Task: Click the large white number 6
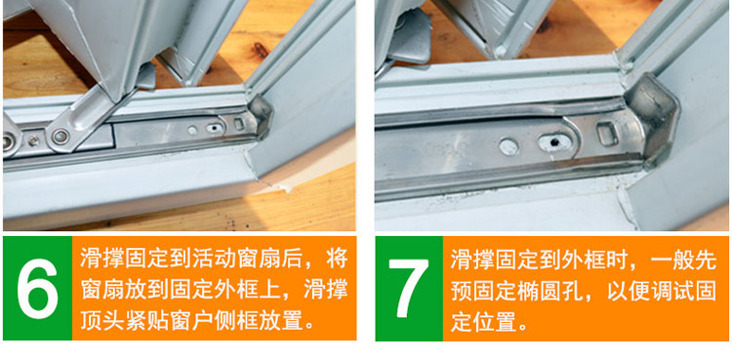click(37, 288)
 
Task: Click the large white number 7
click(409, 288)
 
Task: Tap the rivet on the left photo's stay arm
click(61, 137)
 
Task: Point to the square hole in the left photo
click(238, 124)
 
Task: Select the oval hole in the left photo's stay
click(214, 128)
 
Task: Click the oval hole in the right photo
click(555, 141)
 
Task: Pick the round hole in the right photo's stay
click(508, 146)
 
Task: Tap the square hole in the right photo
click(608, 134)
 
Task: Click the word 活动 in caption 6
click(215, 259)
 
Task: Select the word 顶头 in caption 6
click(102, 321)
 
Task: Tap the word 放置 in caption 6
click(282, 321)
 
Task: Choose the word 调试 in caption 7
click(672, 291)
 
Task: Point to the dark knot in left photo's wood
click(261, 49)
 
